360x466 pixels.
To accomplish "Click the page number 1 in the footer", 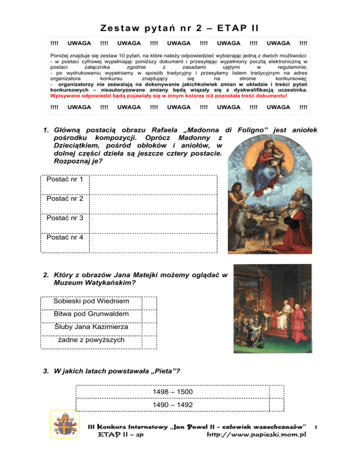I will [x=317, y=427].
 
